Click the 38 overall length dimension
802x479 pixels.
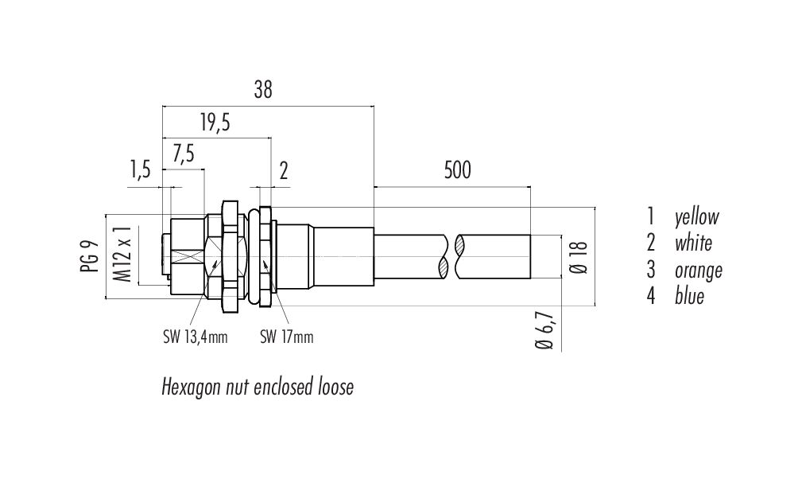263,91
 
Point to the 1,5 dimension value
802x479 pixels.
139,169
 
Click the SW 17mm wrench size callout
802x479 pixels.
286,337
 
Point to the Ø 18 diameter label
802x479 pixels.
580,257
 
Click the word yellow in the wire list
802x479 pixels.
696,216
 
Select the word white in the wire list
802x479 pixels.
693,243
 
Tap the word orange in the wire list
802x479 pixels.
699,271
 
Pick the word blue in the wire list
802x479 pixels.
689,297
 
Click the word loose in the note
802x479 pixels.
335,387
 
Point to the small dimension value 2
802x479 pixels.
284,169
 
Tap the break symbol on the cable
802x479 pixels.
451,255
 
